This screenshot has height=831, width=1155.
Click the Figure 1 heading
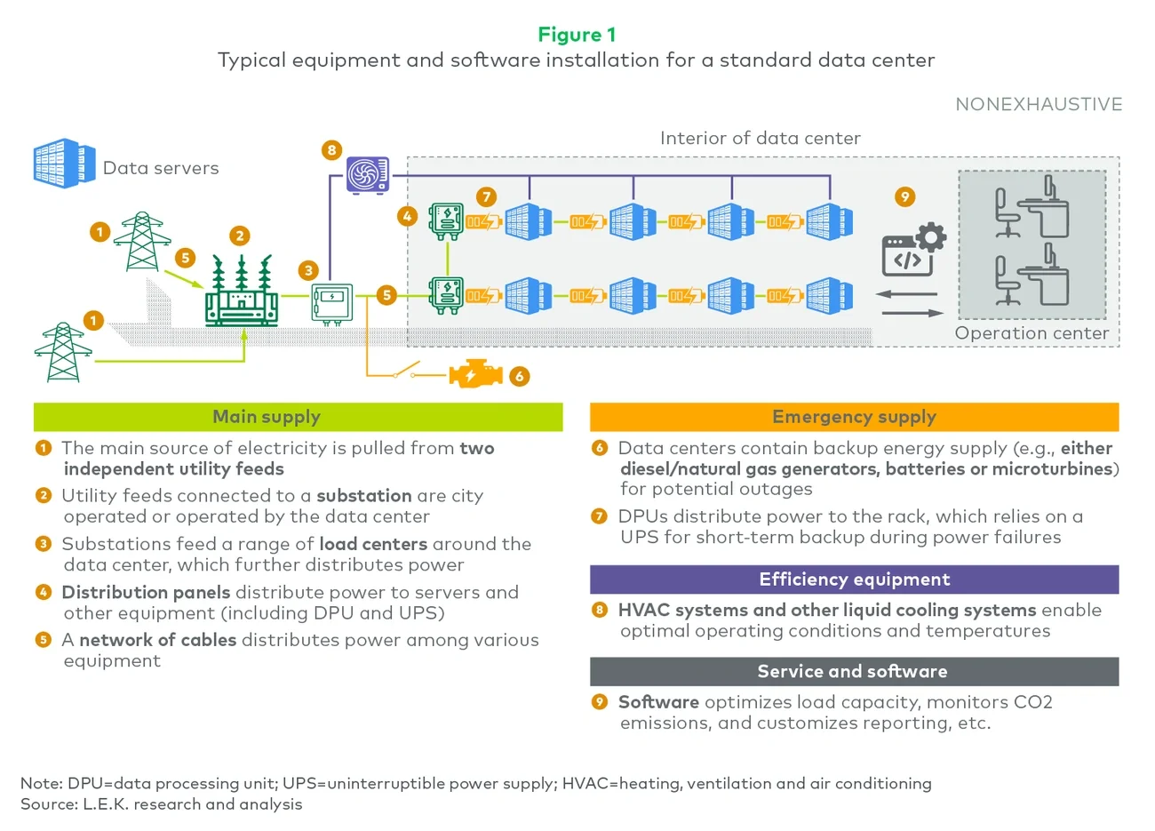tap(577, 35)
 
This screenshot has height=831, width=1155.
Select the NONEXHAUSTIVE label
tap(1039, 104)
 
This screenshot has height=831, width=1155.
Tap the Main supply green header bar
tap(298, 417)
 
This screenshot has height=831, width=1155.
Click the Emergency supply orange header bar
tap(854, 417)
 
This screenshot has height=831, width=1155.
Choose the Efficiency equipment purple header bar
tap(854, 579)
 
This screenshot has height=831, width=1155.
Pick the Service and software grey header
tap(854, 671)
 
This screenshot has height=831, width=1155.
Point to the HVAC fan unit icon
tap(368, 175)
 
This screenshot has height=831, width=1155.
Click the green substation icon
tap(241, 293)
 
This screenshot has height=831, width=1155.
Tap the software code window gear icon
tap(913, 250)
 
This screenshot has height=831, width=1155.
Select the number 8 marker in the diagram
tap(331, 150)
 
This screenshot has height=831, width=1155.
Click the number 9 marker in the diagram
tap(904, 196)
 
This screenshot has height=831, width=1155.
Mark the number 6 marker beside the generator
tap(520, 376)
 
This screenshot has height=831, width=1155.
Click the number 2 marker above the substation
tap(239, 236)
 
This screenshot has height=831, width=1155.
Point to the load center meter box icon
tap(332, 302)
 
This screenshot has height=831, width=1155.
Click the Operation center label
tap(1032, 333)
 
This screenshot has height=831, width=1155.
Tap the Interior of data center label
tap(760, 138)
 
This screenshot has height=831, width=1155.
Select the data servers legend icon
tap(64, 164)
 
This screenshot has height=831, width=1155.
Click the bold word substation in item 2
tap(363, 496)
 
